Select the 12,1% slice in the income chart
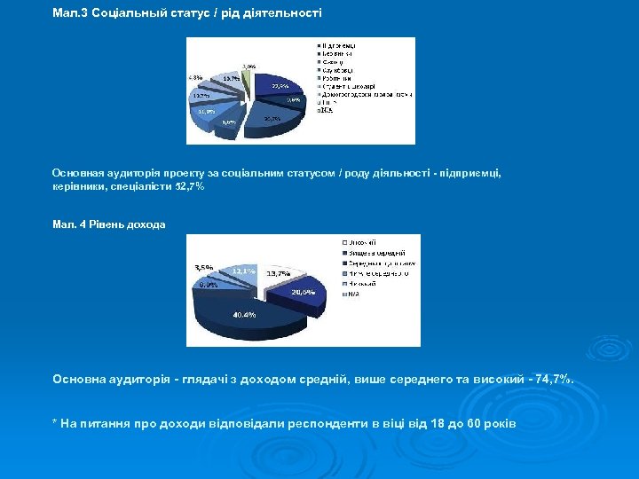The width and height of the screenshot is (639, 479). point(243,270)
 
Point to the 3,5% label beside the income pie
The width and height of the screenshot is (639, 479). point(203,267)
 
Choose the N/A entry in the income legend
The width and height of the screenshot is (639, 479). point(353,294)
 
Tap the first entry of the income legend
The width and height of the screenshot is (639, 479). point(360,241)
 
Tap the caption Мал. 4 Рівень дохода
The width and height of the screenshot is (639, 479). point(108,224)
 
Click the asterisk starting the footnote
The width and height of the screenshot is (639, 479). point(55,423)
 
